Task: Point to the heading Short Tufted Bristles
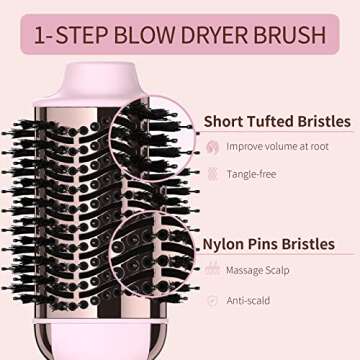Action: coord(277,121)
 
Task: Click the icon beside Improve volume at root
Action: coord(212,147)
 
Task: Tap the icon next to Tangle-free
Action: coord(212,174)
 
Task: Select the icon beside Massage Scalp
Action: coord(212,270)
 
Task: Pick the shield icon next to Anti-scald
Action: coord(212,299)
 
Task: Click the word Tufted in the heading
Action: coord(275,121)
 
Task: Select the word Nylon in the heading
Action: coord(226,243)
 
